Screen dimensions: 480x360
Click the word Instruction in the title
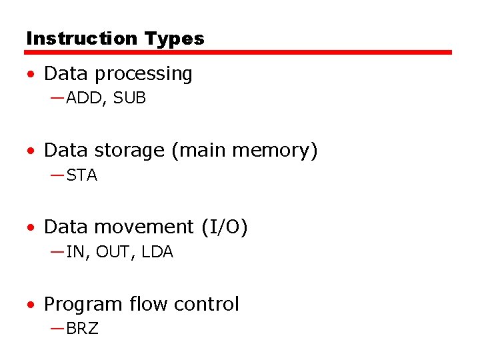coord(73,39)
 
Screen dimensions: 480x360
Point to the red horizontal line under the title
coord(239,52)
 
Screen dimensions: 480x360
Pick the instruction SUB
coord(129,98)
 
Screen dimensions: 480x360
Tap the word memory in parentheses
coord(279,151)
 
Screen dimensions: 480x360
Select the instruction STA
coord(82,175)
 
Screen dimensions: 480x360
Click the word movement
coord(144,227)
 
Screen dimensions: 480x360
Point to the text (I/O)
coord(224,227)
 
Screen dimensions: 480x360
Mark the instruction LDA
coord(157,252)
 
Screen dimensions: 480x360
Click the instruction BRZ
coord(82,329)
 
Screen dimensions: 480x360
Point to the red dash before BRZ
coord(57,329)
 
